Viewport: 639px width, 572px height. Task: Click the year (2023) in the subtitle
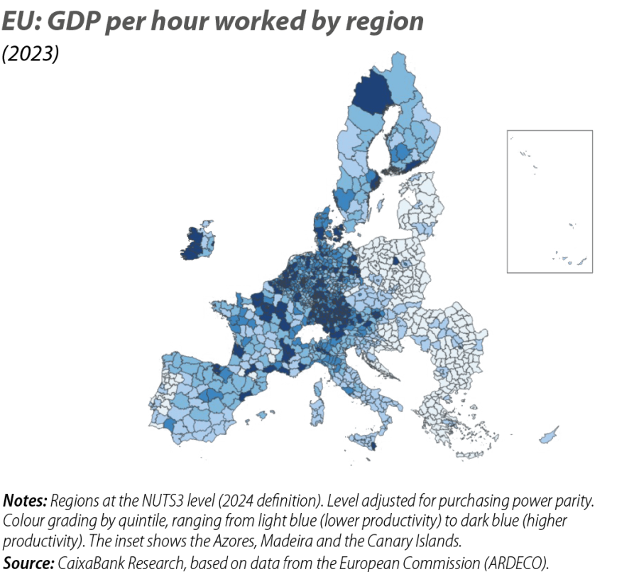tap(29, 55)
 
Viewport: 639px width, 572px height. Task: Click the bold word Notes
tap(24, 499)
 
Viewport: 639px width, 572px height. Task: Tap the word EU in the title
tap(15, 23)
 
